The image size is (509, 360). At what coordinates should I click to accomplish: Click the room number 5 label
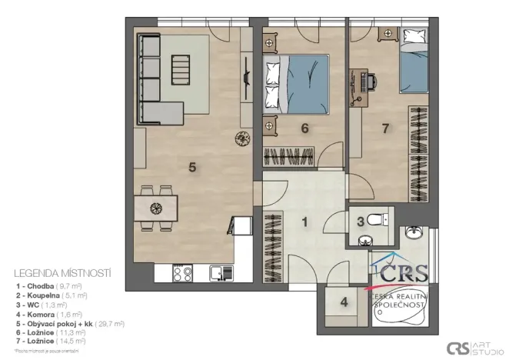[193, 165]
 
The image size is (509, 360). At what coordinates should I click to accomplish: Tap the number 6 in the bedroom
[304, 128]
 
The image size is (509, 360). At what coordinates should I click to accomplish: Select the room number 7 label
[385, 128]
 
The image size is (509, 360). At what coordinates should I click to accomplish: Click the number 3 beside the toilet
[360, 222]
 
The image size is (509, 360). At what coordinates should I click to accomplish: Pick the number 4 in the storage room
[344, 302]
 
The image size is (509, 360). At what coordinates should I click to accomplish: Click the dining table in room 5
[156, 207]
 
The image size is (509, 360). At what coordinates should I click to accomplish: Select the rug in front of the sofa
[181, 73]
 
